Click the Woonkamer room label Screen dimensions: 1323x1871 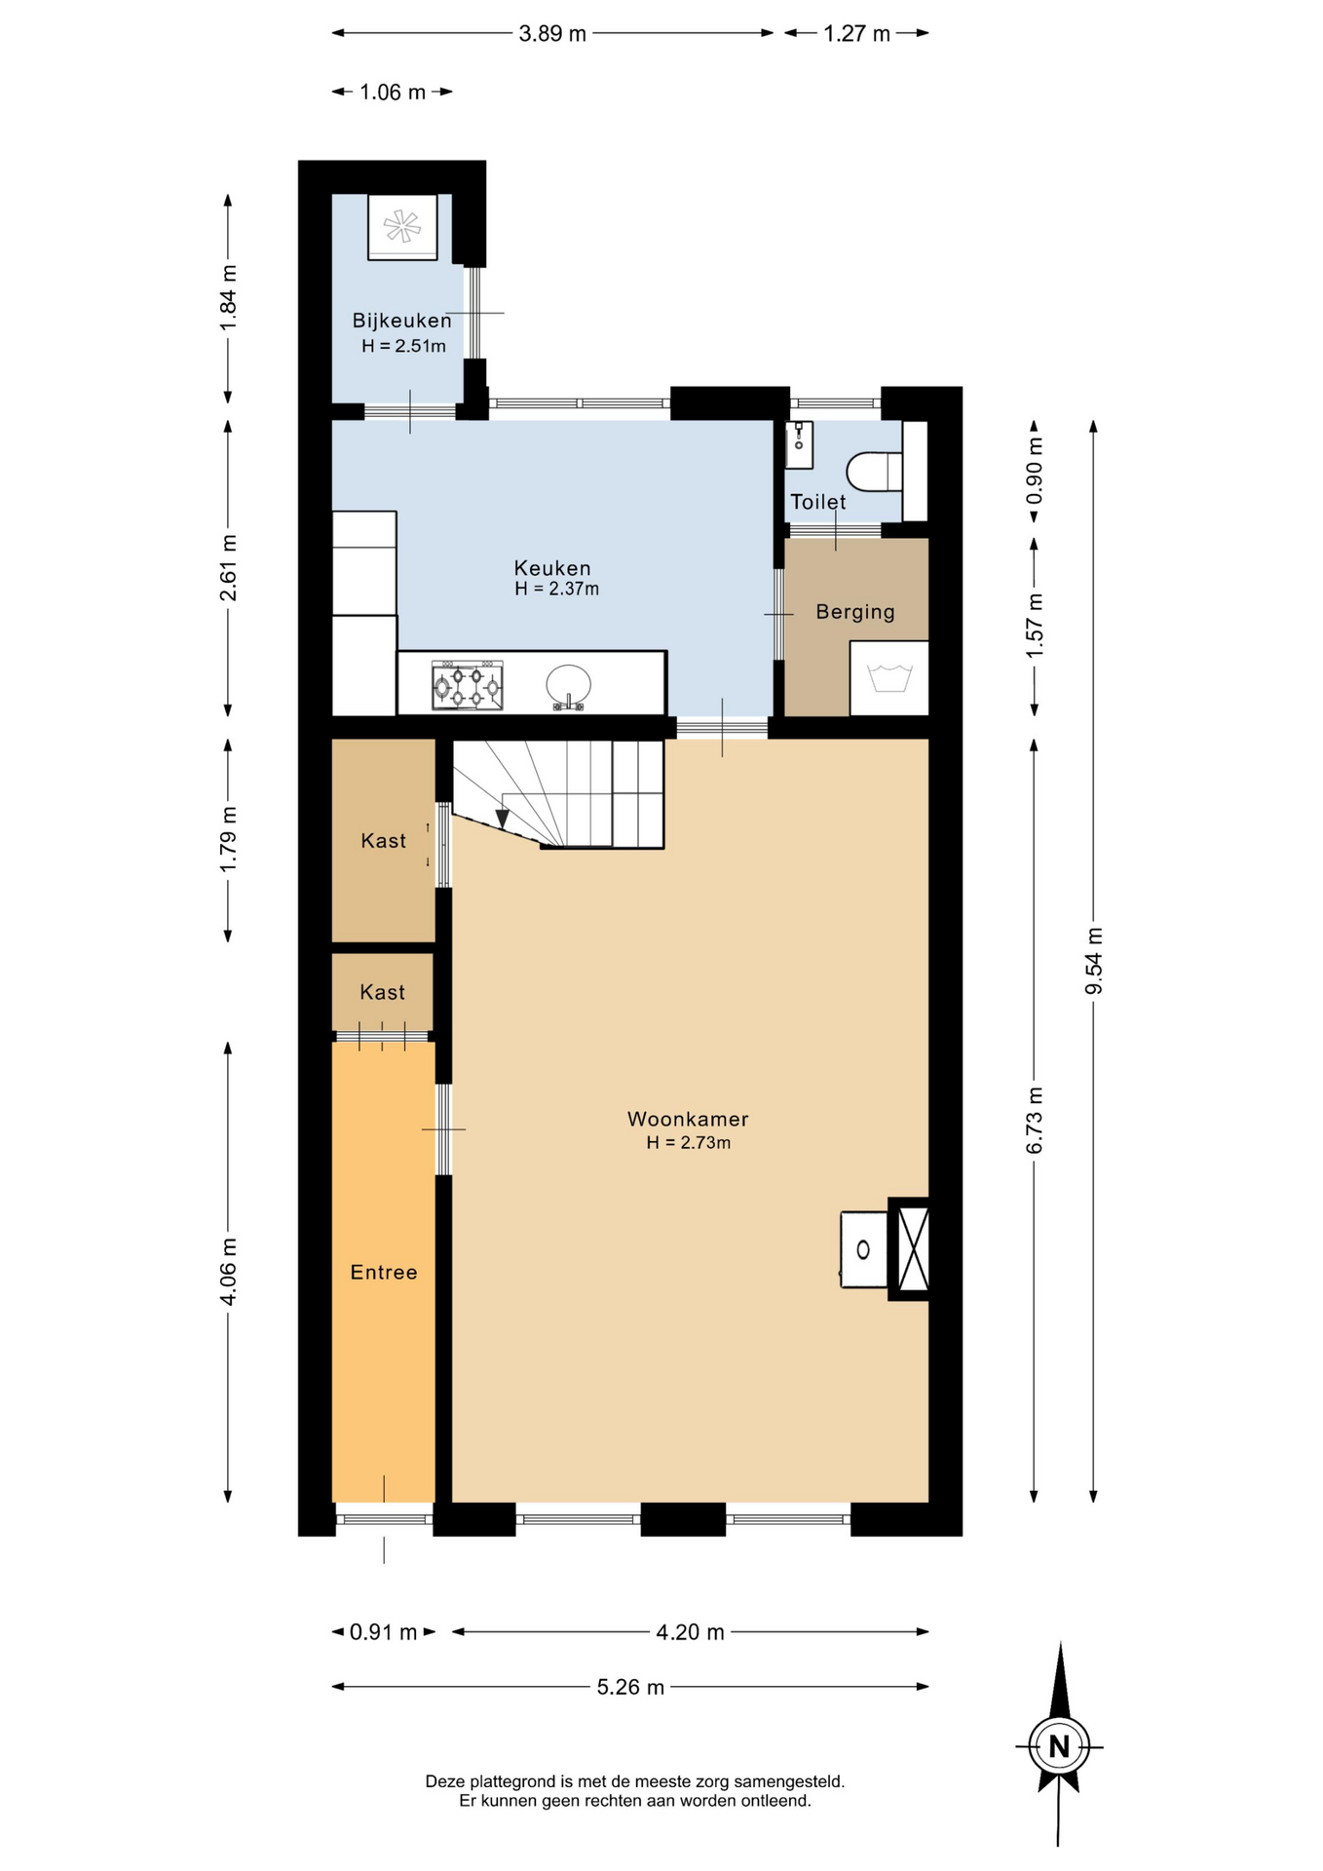point(688,1119)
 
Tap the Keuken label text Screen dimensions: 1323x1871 point(552,568)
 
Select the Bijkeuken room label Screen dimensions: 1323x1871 point(402,321)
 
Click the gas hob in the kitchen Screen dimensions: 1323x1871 point(468,686)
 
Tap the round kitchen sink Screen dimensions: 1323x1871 point(568,686)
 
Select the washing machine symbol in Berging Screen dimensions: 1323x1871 point(889,677)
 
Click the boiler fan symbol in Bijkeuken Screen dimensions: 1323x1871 point(402,226)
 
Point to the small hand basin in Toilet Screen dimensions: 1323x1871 point(799,444)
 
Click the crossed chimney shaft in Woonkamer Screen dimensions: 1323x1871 point(913,1248)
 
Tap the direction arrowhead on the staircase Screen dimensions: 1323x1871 point(503,818)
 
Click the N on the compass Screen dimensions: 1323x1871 point(1059,1746)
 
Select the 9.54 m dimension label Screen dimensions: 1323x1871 point(1093,961)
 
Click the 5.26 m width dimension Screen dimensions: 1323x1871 point(630,1687)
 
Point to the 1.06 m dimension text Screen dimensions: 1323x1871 point(393,93)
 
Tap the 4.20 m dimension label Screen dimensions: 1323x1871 point(691,1632)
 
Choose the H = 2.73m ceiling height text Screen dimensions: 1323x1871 point(689,1142)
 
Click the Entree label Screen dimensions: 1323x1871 point(384,1272)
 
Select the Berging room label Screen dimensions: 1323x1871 point(855,612)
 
